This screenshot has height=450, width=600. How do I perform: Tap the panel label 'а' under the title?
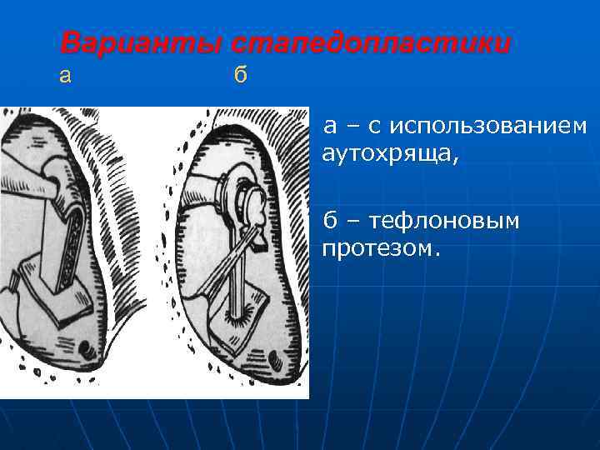pyautogui.click(x=65, y=76)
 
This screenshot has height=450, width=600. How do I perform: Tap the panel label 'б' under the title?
pyautogui.click(x=241, y=76)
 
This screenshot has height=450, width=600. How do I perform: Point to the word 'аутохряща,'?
pyautogui.click(x=389, y=154)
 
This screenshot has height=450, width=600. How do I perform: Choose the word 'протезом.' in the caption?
pyautogui.click(x=379, y=249)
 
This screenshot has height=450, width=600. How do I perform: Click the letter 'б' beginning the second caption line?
pyautogui.click(x=331, y=221)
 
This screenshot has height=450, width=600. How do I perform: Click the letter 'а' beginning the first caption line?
pyautogui.click(x=331, y=127)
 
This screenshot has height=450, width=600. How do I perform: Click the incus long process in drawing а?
pyautogui.click(x=33, y=179)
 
